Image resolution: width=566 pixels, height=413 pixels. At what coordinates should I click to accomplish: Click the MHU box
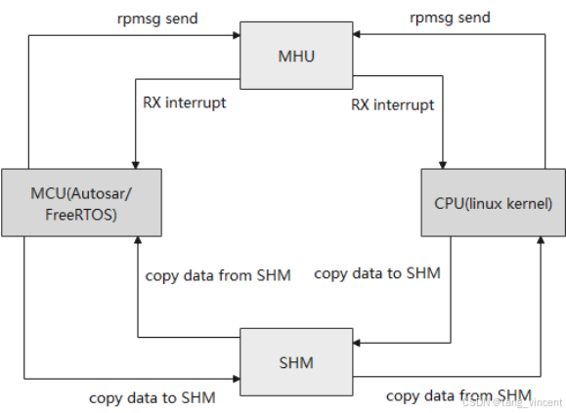point(296,56)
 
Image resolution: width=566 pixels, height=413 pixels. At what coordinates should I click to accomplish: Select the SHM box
point(296,362)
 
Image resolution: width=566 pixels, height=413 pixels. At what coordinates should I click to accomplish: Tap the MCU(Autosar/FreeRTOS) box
point(81,202)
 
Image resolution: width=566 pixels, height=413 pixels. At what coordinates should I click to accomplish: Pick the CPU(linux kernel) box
point(493,202)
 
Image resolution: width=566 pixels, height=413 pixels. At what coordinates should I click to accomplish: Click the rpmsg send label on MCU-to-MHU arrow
point(157,19)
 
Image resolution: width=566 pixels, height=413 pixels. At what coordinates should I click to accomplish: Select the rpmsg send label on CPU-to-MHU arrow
point(450,18)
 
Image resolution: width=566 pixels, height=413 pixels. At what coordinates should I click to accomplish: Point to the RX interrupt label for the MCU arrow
point(185,103)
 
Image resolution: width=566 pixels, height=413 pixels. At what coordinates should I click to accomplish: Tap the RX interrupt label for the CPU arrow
point(393,104)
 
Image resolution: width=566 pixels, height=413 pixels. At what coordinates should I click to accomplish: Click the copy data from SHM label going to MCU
point(218,275)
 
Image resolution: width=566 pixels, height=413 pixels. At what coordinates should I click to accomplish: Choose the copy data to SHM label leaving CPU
point(377,273)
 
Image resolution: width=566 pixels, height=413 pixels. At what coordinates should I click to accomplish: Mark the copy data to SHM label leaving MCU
point(152,398)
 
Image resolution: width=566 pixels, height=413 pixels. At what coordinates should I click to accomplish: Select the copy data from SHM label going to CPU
point(458,395)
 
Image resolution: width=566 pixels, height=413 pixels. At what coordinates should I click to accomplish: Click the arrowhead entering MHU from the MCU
point(237,35)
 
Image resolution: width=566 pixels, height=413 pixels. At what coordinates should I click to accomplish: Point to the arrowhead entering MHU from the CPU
point(356,34)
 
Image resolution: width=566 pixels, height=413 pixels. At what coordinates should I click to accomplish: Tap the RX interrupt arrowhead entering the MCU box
point(135,165)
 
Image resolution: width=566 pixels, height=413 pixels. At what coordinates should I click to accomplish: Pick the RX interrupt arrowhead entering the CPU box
point(443,165)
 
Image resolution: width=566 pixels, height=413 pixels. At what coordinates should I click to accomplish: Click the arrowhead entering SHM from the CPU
point(356,343)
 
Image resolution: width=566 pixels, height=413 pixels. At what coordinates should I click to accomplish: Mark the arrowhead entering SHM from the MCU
point(237,379)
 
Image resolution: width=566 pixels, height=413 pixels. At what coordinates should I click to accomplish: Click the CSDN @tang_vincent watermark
point(512,402)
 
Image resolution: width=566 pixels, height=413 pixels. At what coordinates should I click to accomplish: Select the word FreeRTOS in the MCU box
point(81,215)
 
